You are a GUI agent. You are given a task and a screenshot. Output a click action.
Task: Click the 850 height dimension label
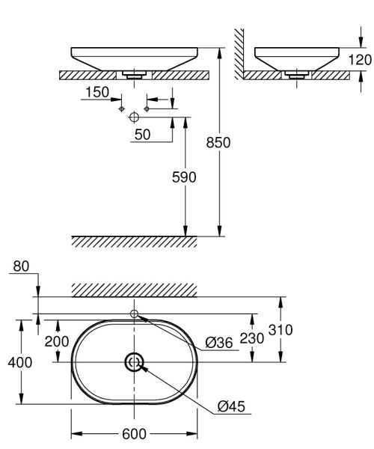pyautogui.click(x=218, y=142)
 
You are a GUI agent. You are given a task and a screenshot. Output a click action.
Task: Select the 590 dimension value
pyautogui.click(x=184, y=177)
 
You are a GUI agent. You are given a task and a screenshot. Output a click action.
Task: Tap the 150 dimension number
pyautogui.click(x=97, y=92)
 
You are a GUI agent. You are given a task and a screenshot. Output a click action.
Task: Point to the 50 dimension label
pyautogui.click(x=143, y=135)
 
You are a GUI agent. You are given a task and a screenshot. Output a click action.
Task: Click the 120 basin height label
pyautogui.click(x=360, y=60)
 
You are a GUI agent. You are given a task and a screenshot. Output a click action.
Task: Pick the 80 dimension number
pyautogui.click(x=21, y=266)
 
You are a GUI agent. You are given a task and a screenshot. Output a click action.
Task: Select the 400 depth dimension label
pyautogui.click(x=20, y=362)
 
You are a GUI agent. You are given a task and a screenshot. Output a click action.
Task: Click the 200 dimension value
pyautogui.click(x=57, y=341)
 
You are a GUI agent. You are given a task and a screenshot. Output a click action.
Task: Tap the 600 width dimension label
pyautogui.click(x=134, y=434)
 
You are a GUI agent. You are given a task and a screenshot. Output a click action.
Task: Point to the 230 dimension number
pyautogui.click(x=252, y=338)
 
